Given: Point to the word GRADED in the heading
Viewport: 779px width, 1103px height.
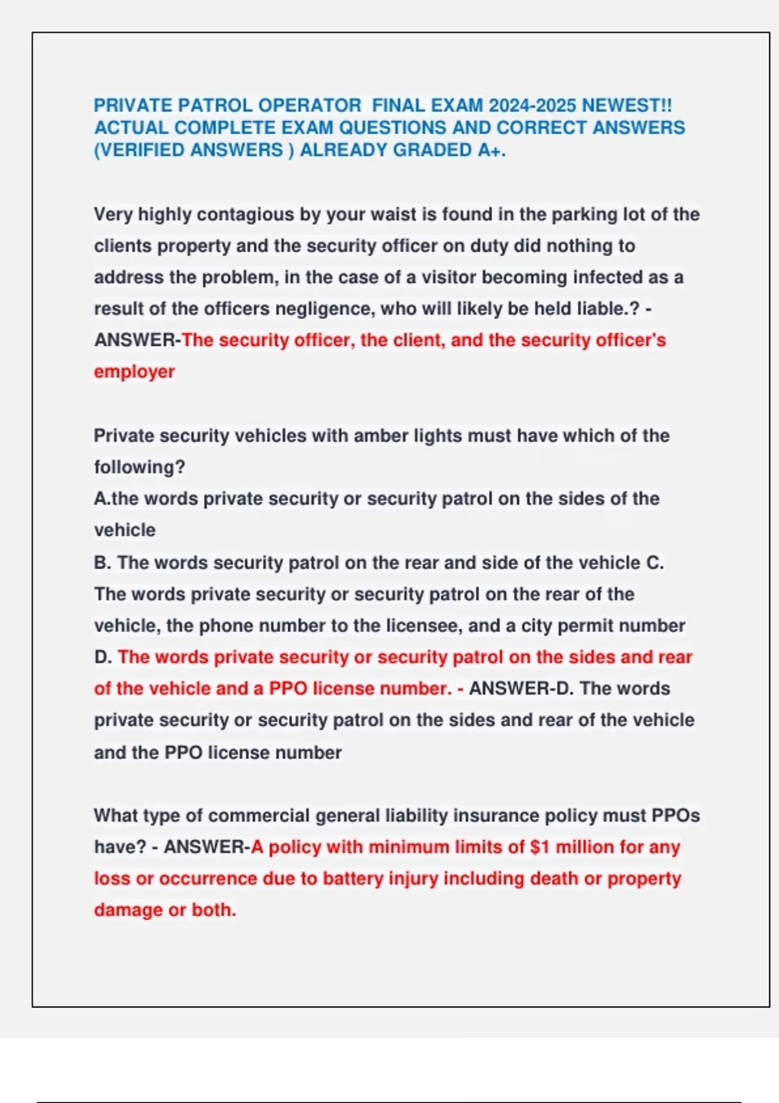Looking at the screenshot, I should click(432, 150).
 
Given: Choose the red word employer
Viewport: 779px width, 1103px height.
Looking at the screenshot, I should click(134, 372).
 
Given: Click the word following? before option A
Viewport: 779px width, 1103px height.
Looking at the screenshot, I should click(140, 467).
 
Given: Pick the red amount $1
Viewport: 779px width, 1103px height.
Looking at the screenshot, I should click(540, 847).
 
